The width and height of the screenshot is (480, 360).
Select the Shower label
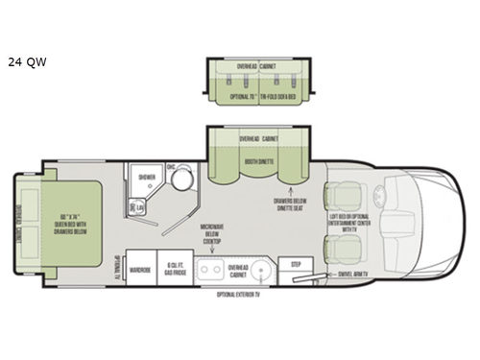pos(146,178)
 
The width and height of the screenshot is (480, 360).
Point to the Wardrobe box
pos(140,271)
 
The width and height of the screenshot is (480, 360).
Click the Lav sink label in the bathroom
pos(141,208)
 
